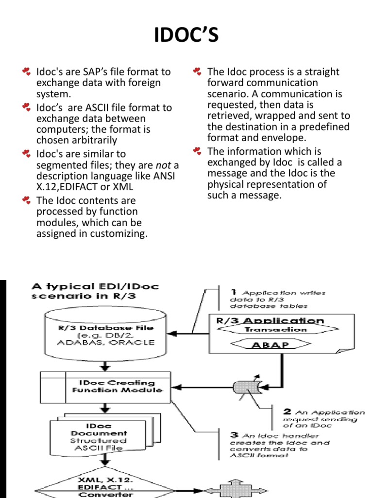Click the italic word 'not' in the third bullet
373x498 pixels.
pyautogui.click(x=164, y=165)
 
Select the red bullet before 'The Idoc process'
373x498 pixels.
pyautogui.click(x=197, y=72)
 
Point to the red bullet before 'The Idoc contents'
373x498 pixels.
pyautogui.click(x=27, y=200)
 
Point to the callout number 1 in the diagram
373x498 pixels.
pyautogui.click(x=234, y=292)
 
